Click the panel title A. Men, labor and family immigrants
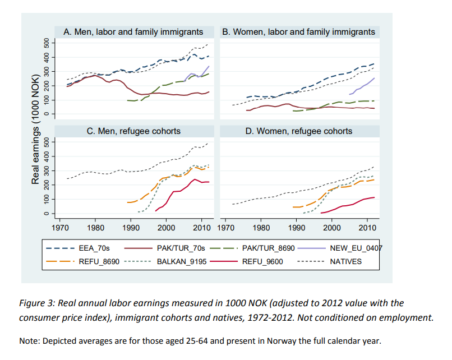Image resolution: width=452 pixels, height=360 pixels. click(133, 32)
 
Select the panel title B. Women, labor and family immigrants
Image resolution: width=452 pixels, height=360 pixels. click(298, 32)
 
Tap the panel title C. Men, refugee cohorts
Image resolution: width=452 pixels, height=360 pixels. click(133, 131)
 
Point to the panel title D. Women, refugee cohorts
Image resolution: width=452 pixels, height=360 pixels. click(298, 131)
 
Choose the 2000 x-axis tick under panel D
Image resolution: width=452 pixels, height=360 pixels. click(332, 228)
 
